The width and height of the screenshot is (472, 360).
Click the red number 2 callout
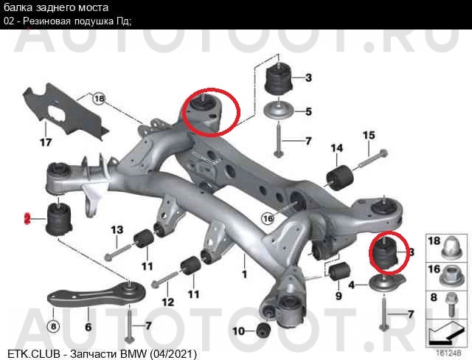(x=27, y=218)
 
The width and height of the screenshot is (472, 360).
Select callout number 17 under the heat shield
(x=46, y=142)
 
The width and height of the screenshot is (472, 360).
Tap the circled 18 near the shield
(x=99, y=98)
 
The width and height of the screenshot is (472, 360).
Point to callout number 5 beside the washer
(x=308, y=111)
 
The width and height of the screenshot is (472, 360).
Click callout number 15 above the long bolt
(x=369, y=136)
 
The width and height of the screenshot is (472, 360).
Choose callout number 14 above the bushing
(x=337, y=148)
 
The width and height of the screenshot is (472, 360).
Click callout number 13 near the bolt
(x=117, y=230)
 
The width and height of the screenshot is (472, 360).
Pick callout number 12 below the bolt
(x=168, y=302)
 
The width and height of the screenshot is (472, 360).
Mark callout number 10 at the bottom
(x=238, y=331)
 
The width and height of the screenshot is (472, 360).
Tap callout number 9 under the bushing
(x=339, y=296)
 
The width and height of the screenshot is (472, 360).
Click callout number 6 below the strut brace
(x=88, y=327)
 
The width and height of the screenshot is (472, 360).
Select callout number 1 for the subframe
(x=244, y=274)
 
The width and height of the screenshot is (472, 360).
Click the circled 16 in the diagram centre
(x=268, y=218)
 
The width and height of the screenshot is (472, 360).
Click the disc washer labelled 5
(x=280, y=111)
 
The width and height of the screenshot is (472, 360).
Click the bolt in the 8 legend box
(x=451, y=304)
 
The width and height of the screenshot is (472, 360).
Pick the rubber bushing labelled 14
(x=340, y=177)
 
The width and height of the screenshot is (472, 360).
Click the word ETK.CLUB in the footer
(x=33, y=354)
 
